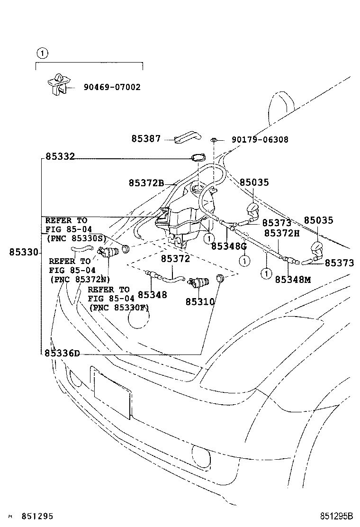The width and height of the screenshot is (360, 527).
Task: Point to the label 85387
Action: coord(146,139)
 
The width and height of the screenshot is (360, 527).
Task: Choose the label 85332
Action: coord(60,156)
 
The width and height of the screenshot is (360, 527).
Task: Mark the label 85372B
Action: coord(146,183)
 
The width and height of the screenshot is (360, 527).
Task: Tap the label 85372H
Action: coord(282,233)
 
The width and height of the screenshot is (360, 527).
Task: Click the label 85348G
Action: coord(229,246)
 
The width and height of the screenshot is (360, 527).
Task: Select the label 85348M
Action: coord(293,280)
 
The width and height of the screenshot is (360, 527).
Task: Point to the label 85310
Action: coord(200,302)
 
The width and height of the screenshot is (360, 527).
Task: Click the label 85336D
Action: coord(63,353)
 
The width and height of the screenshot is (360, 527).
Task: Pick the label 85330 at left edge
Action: coord(23,253)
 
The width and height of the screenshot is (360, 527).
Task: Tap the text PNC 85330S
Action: coord(77,238)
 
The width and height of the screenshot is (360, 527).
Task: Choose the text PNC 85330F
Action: coord(119,307)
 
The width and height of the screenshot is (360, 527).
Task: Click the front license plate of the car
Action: coord(112,394)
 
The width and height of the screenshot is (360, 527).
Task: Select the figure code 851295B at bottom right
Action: coord(336,516)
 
